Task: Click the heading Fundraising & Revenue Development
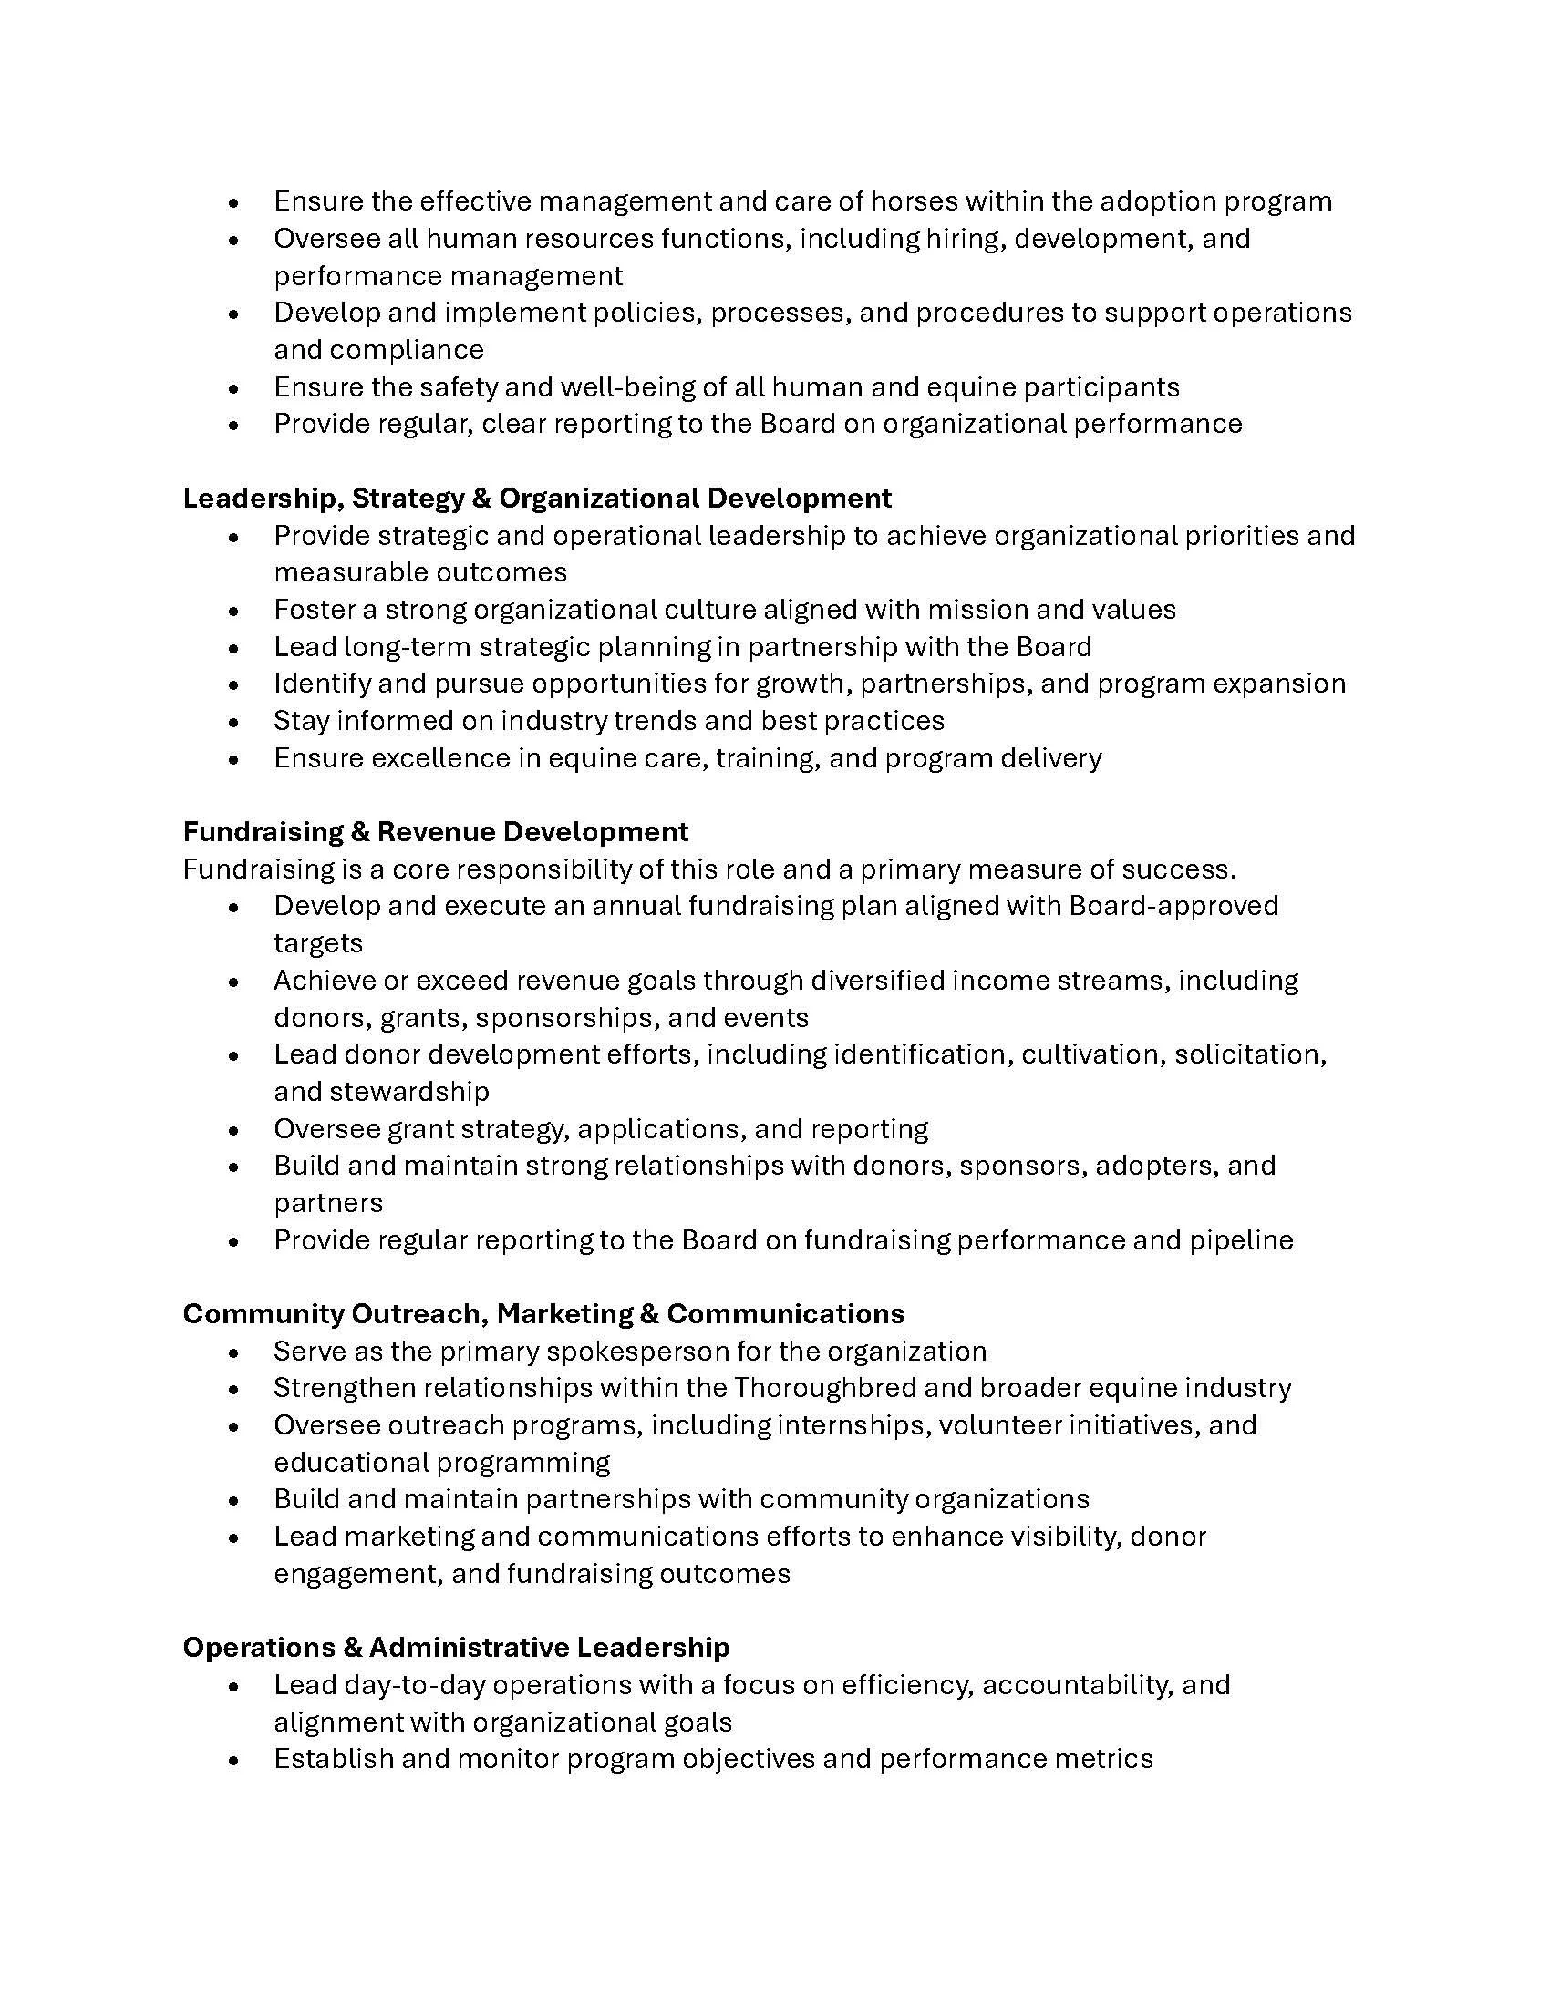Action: (x=435, y=832)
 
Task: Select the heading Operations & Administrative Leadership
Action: (x=457, y=1647)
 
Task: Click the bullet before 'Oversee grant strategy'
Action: (x=235, y=1130)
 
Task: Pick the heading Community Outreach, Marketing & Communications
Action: (x=543, y=1313)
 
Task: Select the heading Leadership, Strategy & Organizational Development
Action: (x=537, y=498)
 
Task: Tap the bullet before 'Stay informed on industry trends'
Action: (x=235, y=723)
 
